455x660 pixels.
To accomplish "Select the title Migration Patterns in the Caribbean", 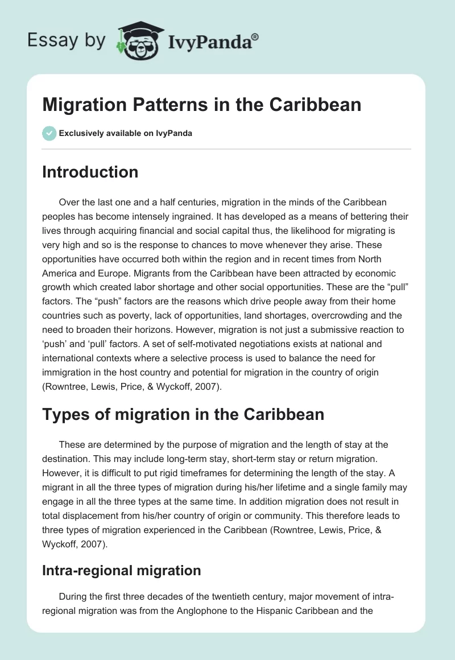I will coord(201,105).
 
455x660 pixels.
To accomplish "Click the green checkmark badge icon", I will coord(49,133).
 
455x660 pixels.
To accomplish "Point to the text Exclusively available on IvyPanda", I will coord(125,134).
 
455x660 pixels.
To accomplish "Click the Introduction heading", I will coord(90,172).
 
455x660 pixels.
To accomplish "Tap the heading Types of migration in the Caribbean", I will coord(183,414).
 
